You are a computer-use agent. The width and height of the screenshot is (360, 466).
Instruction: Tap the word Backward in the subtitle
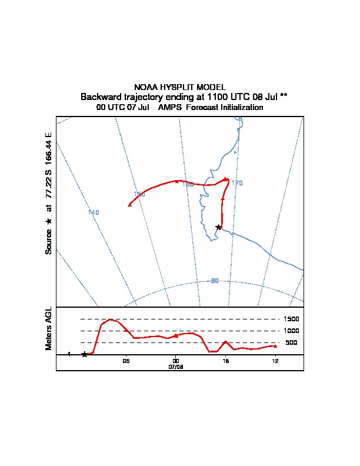99,96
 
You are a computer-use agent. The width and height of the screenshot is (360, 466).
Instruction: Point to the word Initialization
238,108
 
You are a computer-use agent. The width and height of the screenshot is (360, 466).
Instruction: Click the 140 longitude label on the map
94,212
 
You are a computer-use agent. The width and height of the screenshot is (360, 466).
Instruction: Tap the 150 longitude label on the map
139,194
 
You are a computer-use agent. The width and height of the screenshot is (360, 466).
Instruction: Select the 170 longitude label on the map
236,184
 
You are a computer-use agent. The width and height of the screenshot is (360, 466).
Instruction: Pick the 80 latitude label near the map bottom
215,281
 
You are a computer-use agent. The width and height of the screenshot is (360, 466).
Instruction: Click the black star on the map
218,227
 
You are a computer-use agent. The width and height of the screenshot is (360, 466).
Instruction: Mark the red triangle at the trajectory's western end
130,204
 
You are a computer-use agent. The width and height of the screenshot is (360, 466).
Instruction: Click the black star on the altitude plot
85,354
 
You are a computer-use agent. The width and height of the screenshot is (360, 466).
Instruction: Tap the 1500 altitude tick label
292,319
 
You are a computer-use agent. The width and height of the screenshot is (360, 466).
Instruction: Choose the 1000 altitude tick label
292,331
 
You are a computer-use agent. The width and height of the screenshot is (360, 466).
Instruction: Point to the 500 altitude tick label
291,342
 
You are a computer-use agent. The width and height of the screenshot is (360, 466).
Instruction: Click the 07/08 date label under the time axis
176,367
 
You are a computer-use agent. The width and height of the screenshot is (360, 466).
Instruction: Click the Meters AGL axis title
49,329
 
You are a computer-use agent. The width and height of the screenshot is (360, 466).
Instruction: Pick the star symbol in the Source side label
49,221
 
